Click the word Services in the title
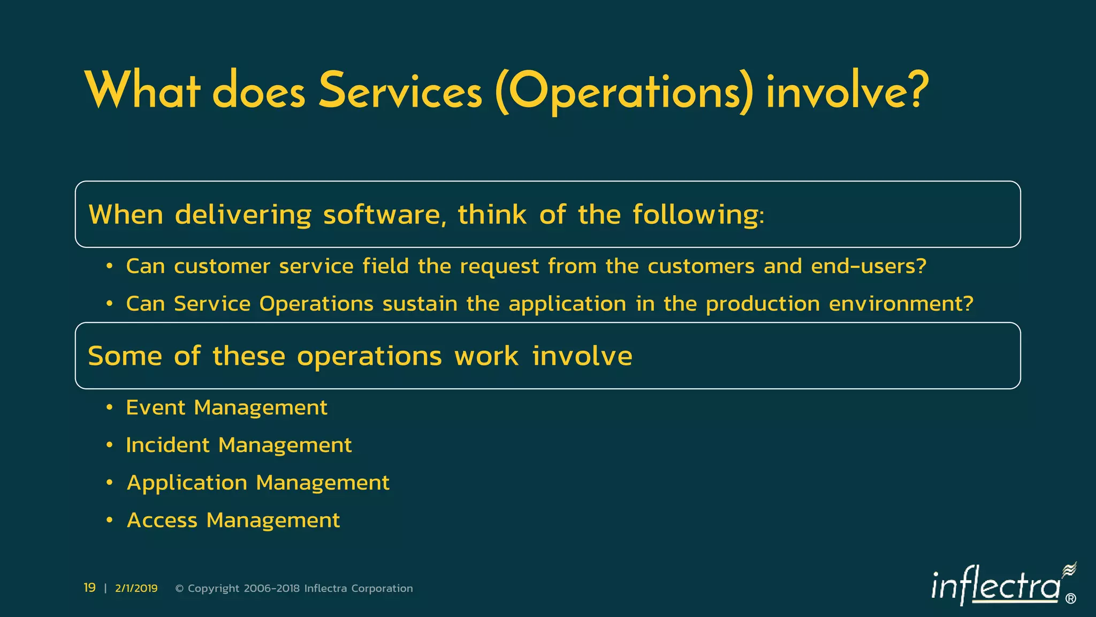(x=400, y=91)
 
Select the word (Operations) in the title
(x=624, y=92)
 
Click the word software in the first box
(x=384, y=215)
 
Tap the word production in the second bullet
(x=763, y=304)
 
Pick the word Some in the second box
(x=125, y=356)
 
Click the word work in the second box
(x=486, y=356)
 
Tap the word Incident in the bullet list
(x=168, y=445)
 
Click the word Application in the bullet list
(x=187, y=483)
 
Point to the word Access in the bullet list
(x=162, y=520)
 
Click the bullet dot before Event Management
(x=109, y=408)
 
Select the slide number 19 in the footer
(x=89, y=588)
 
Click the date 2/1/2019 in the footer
(x=136, y=589)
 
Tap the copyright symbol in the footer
(x=179, y=589)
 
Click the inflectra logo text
(x=995, y=586)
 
